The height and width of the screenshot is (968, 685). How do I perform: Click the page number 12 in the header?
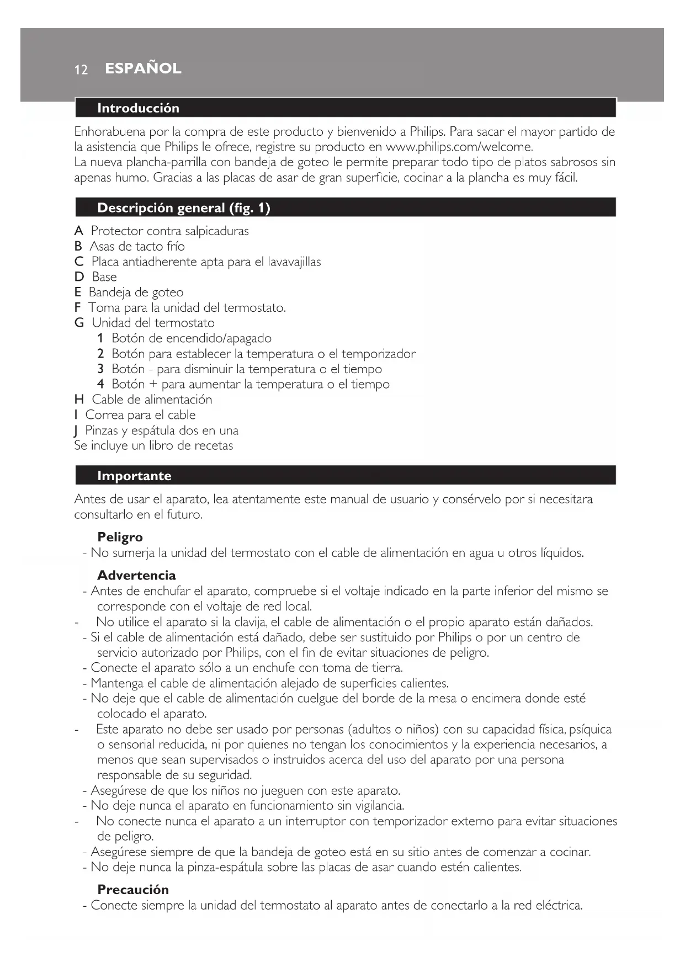(x=81, y=70)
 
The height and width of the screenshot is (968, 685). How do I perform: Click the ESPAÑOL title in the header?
(x=143, y=68)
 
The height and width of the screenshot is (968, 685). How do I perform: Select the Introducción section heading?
(x=138, y=108)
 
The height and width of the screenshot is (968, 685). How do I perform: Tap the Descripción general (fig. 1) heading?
(x=183, y=208)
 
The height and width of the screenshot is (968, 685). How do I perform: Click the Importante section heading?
(x=134, y=476)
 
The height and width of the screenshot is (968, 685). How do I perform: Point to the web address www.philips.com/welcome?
(x=459, y=147)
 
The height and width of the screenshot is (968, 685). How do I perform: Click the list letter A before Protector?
(x=78, y=231)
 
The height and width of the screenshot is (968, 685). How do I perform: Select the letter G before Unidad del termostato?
(x=79, y=323)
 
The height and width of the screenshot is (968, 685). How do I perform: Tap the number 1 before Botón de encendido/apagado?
(x=100, y=338)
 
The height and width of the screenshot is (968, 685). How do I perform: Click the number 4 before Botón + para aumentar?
(x=100, y=384)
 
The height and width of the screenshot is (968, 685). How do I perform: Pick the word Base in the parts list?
(x=104, y=277)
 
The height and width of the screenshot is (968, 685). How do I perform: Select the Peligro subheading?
(x=120, y=537)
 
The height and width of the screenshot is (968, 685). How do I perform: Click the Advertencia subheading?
(x=136, y=575)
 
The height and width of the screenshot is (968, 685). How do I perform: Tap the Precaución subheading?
(x=133, y=889)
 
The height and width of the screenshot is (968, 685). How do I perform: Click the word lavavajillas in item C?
(x=294, y=262)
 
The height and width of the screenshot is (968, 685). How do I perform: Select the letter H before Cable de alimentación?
(x=79, y=400)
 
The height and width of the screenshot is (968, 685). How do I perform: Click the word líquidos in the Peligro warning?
(x=562, y=552)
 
